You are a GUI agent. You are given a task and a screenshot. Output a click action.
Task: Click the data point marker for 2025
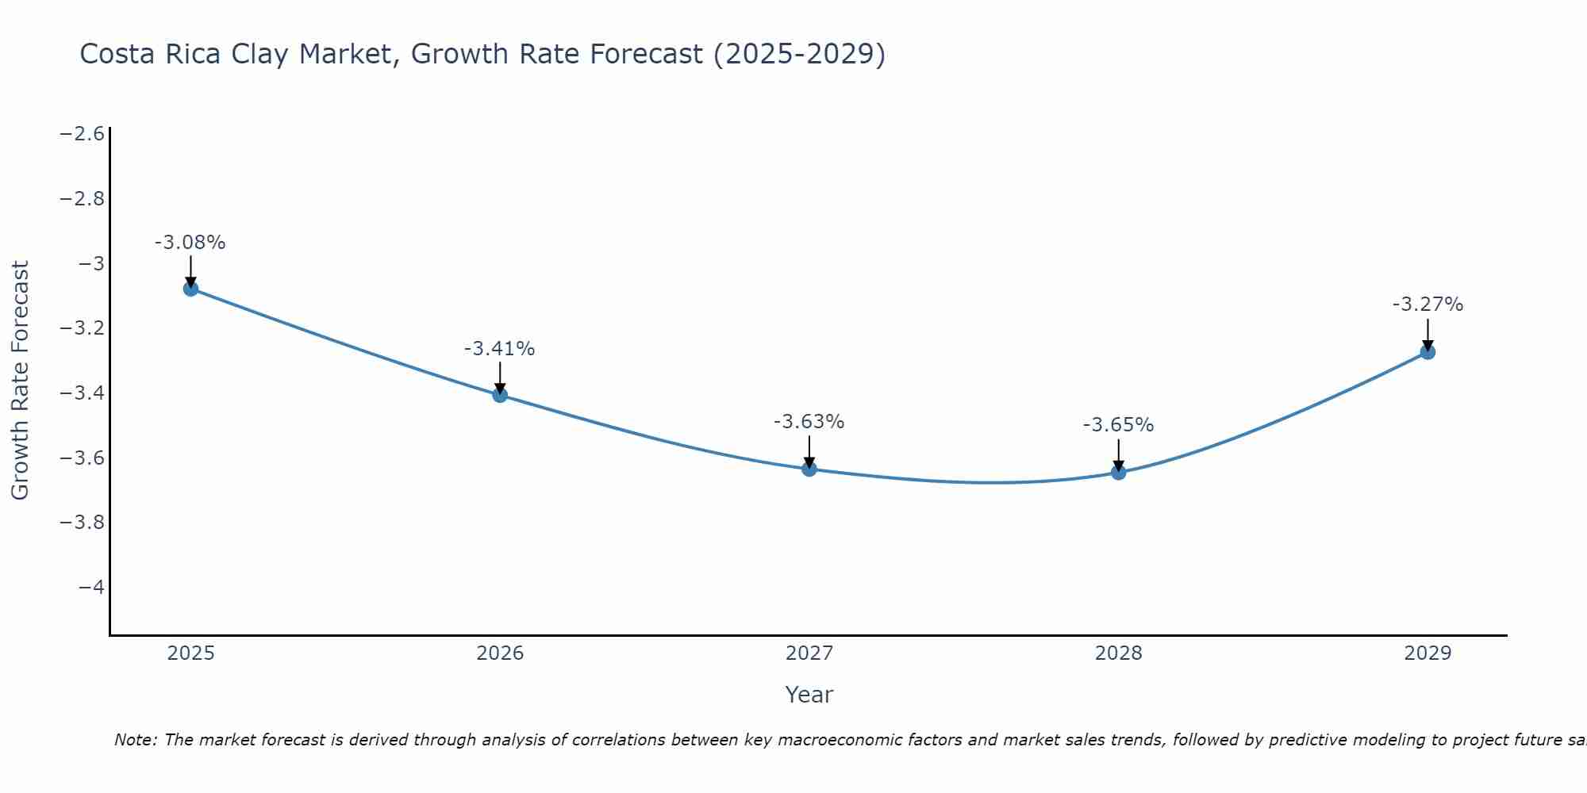(x=190, y=289)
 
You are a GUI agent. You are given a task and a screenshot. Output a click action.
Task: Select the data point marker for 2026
(x=500, y=395)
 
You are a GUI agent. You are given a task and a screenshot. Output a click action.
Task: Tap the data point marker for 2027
(x=809, y=469)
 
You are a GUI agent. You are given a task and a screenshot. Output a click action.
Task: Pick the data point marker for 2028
(x=1119, y=473)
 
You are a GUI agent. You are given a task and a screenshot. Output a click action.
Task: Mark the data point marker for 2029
(x=1428, y=352)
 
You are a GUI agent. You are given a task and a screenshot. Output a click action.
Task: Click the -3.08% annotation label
(x=190, y=243)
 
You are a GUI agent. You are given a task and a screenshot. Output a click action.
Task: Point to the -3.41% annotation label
(x=499, y=349)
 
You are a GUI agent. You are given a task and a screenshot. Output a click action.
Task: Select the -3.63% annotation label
(x=809, y=422)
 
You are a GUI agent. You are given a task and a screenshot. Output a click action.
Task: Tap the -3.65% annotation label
(x=1118, y=425)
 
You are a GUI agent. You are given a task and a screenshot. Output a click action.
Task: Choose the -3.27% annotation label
(x=1428, y=305)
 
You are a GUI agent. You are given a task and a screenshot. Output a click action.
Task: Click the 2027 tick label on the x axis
(x=809, y=653)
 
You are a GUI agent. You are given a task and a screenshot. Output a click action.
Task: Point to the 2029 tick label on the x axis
(x=1428, y=653)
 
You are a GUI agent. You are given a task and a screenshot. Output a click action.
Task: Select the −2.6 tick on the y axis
(x=83, y=133)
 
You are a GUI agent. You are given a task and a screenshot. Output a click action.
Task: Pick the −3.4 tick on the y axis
(x=83, y=393)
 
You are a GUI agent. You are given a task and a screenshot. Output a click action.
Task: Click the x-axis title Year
(x=809, y=695)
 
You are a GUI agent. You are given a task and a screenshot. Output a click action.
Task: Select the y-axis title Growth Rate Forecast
(x=20, y=381)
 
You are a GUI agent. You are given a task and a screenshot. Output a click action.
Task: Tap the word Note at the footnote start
(x=135, y=741)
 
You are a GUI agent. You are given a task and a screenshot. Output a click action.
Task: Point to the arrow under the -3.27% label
(x=1428, y=333)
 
